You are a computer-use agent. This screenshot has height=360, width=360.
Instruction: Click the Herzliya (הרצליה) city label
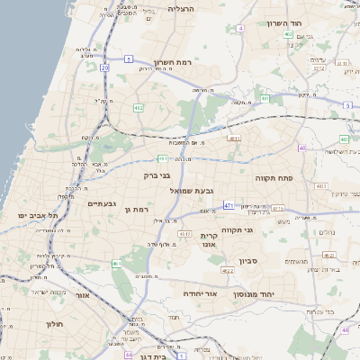click(181, 8)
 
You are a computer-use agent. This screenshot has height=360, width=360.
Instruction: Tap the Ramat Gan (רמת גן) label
click(132, 209)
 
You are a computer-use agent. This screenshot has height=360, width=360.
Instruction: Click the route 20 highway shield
click(104, 68)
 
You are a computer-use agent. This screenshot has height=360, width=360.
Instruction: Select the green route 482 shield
click(138, 109)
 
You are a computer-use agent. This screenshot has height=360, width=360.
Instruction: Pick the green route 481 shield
click(163, 158)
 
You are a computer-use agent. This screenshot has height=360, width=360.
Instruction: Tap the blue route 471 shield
click(229, 205)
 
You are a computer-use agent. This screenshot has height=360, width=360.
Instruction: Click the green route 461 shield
click(116, 264)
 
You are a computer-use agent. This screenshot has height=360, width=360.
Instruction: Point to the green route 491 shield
click(265, 98)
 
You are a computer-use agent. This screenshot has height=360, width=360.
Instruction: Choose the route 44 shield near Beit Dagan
click(129, 355)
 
